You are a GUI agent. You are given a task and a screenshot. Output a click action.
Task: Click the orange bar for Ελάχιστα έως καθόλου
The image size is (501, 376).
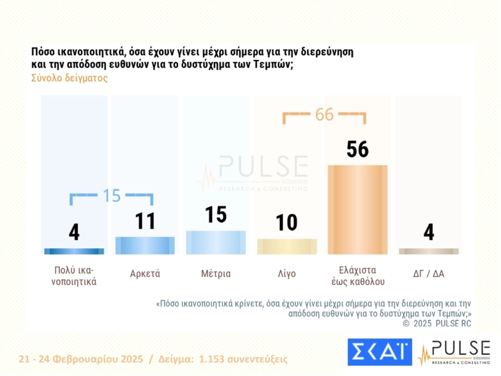(358, 209)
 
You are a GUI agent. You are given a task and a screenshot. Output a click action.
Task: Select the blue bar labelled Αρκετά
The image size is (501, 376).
(145, 245)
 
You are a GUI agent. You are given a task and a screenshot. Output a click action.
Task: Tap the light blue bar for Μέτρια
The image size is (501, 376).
(216, 242)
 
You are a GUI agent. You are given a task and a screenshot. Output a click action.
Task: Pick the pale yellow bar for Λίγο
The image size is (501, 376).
(287, 246)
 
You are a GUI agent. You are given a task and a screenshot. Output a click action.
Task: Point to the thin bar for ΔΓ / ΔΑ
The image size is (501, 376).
(429, 251)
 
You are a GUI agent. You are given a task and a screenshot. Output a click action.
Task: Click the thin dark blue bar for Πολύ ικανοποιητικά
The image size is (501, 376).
(74, 251)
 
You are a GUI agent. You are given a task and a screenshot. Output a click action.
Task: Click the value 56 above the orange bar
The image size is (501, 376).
(358, 149)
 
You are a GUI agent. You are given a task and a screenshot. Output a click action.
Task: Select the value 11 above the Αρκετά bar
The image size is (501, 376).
(145, 220)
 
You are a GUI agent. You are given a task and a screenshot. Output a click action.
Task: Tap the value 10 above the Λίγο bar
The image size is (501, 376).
(287, 222)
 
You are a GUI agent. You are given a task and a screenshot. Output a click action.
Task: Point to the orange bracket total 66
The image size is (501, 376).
(324, 115)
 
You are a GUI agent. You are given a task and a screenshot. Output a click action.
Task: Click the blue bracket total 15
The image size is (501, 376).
(112, 195)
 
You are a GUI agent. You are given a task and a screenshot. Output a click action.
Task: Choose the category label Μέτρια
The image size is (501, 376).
(216, 273)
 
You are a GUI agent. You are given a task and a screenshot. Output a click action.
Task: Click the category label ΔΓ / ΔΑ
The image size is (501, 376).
(429, 273)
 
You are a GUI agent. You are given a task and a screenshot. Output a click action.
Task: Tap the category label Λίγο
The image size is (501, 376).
(287, 273)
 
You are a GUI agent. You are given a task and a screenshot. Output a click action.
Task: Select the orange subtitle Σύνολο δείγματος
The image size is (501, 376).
(69, 79)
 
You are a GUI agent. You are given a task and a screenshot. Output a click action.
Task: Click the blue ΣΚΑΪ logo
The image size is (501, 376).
(379, 352)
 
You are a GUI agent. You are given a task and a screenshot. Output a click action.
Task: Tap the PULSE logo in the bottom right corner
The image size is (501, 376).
(454, 352)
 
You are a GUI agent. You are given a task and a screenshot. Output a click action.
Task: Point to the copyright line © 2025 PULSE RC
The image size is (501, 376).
(437, 324)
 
